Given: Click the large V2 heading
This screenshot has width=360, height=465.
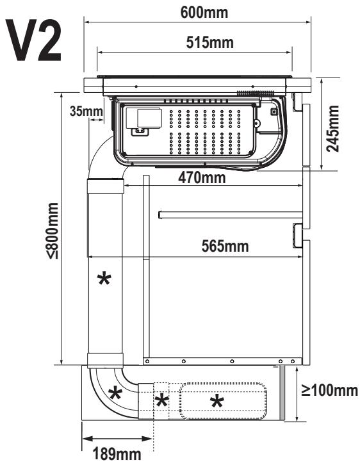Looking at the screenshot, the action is pyautogui.click(x=33, y=40).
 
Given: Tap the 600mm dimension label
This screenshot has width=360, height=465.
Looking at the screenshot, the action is pyautogui.click(x=204, y=12).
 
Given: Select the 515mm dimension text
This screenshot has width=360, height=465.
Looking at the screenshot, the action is pyautogui.click(x=209, y=42).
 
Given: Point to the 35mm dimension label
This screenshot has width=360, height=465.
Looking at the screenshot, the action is pyautogui.click(x=86, y=111).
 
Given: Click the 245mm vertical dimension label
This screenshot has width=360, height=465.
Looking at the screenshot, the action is pyautogui.click(x=332, y=128).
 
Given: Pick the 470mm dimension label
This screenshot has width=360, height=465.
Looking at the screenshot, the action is pyautogui.click(x=202, y=177).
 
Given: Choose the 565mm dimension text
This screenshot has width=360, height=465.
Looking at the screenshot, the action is pyautogui.click(x=225, y=246).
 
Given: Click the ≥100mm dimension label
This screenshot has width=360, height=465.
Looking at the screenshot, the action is pyautogui.click(x=329, y=390).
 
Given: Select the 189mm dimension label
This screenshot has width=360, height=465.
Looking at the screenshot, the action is pyautogui.click(x=117, y=453).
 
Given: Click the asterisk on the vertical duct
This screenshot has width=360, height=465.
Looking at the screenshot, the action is pyautogui.click(x=104, y=279).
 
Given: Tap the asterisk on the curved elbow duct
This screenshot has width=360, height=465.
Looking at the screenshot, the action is pyautogui.click(x=115, y=393).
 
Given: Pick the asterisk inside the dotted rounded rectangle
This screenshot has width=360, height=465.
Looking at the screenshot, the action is pyautogui.click(x=217, y=402).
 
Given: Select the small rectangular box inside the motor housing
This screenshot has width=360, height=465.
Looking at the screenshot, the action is pyautogui.click(x=150, y=118).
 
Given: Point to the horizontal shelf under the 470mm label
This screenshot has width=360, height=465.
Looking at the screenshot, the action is pyautogui.click(x=231, y=215).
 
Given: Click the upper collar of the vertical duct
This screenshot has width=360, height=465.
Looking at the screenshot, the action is pyautogui.click(x=105, y=186).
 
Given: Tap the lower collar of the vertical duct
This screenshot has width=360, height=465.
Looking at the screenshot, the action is pyautogui.click(x=105, y=361).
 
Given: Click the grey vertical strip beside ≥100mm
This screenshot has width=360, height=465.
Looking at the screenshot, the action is pyautogui.click(x=282, y=393).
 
